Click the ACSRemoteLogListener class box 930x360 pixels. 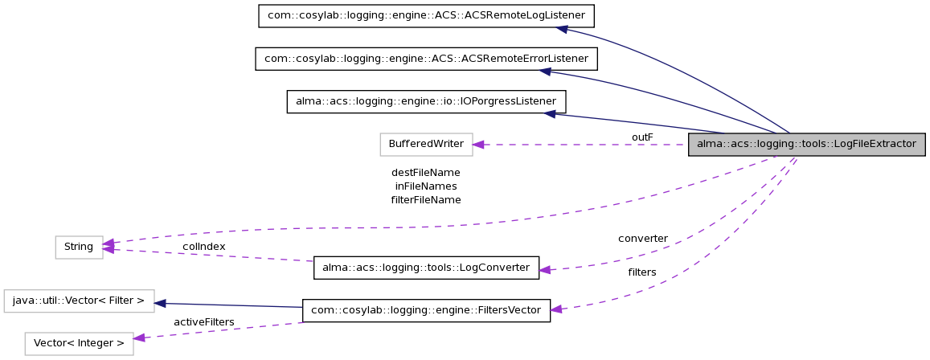coord(426,16)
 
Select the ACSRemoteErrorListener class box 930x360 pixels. coord(426,59)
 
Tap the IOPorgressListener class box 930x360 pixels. coord(426,101)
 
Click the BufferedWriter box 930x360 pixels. coord(426,145)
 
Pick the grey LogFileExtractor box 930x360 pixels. coord(806,145)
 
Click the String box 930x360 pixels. coord(79,247)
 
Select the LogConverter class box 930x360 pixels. coord(426,268)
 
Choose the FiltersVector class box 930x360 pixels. coord(426,310)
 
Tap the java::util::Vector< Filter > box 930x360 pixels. coord(79,301)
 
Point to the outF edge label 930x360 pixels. coord(642,137)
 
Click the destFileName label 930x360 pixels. coord(425,172)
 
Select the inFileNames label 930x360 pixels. coord(425,186)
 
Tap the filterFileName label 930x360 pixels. coord(425,199)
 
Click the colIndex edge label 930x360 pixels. coord(203,246)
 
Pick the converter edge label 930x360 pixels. coord(642,239)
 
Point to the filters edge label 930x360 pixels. coord(642,272)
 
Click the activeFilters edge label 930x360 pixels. coord(203,322)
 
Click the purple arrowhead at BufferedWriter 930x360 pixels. coord(477,145)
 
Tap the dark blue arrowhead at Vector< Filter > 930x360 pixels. coord(160,303)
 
